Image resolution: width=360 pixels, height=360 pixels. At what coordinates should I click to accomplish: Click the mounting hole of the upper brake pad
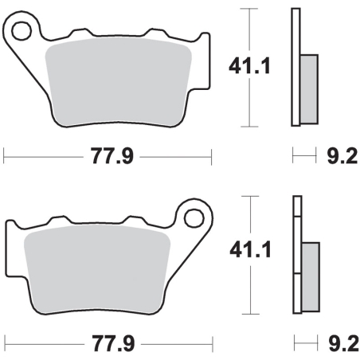22,31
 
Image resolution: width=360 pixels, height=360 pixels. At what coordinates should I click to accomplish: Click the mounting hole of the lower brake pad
194,218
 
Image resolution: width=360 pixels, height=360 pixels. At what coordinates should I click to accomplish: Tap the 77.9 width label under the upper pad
112,157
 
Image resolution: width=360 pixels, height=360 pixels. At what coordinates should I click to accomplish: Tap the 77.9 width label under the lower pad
113,344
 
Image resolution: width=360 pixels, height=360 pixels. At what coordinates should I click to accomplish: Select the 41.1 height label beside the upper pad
249,66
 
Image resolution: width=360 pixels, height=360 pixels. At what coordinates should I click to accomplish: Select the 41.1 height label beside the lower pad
250,249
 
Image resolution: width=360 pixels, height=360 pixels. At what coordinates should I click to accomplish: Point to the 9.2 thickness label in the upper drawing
342,157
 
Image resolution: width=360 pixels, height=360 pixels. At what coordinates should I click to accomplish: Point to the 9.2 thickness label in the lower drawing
344,344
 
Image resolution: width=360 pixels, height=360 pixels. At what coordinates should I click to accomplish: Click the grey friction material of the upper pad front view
118,81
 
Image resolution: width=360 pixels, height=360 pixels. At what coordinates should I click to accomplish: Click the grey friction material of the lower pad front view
97,268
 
